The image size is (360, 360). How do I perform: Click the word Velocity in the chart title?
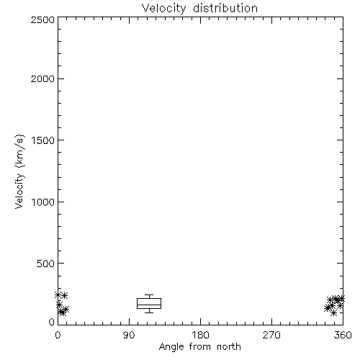[x=164, y=9]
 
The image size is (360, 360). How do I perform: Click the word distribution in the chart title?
[x=225, y=8]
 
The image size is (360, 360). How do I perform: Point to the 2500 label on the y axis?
[x=42, y=19]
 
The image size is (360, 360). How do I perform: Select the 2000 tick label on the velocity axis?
[x=42, y=78]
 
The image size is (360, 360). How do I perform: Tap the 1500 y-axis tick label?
[x=43, y=140]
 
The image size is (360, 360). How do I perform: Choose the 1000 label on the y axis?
[x=43, y=202]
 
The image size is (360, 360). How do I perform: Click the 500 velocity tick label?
[x=45, y=264]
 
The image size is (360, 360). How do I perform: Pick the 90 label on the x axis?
[x=129, y=335]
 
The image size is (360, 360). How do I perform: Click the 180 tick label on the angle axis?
[x=200, y=335]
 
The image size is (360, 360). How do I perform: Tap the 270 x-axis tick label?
[x=271, y=335]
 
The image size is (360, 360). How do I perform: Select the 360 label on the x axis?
[x=343, y=335]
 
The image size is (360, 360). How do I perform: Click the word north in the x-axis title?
[x=229, y=347]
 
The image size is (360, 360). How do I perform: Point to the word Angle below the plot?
[x=171, y=347]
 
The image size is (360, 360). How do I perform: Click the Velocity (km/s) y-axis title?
[x=19, y=171]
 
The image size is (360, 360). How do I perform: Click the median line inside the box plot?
[x=149, y=305]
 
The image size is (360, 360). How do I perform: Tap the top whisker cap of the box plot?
[x=149, y=295]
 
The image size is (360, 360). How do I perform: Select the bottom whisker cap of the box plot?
[x=149, y=312]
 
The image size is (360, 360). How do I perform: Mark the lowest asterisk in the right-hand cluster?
[x=333, y=313]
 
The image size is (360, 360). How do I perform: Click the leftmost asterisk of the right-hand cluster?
[x=327, y=308]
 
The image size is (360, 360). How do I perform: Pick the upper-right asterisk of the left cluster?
[x=64, y=295]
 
